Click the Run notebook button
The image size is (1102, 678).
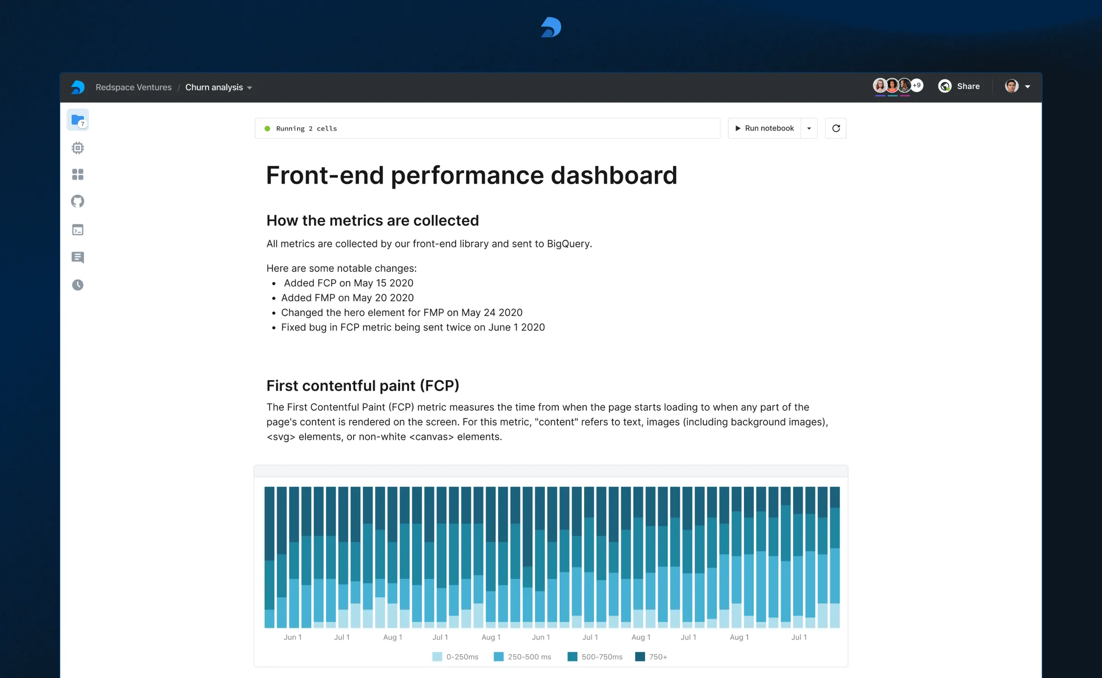tap(765, 129)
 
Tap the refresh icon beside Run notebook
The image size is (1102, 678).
tap(836, 129)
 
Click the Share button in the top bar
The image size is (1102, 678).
tap(959, 86)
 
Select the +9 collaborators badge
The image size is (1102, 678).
tap(916, 85)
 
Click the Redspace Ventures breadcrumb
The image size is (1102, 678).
tap(133, 87)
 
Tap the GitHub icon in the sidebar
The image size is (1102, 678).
tap(78, 201)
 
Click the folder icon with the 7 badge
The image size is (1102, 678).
tap(78, 120)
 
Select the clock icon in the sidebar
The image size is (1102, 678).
tap(78, 285)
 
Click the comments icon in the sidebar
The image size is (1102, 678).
tap(78, 257)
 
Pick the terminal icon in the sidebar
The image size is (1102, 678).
tap(78, 230)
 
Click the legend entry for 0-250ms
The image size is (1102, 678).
tap(455, 657)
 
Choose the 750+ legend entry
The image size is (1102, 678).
tap(651, 657)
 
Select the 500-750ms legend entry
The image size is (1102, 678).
tap(595, 657)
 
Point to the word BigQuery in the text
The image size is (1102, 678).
tap(568, 244)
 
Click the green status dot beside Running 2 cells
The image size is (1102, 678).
tap(267, 129)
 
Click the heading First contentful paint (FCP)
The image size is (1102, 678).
tap(363, 386)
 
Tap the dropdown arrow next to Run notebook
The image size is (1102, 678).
tap(809, 129)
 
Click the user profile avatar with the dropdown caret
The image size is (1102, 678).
tap(1017, 86)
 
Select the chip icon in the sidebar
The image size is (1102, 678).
tap(78, 148)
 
